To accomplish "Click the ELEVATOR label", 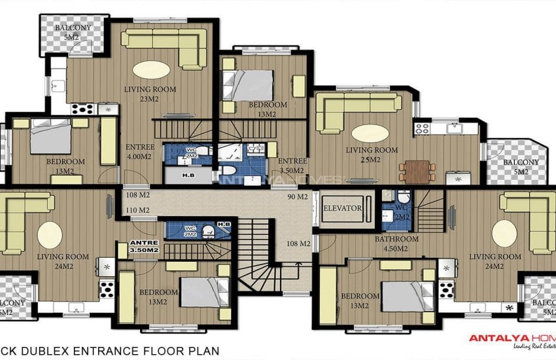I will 343,208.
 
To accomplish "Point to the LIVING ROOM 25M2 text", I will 372,154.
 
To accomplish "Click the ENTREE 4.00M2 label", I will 139,152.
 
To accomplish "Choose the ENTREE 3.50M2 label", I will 292,166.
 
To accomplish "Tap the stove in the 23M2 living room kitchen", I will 84,109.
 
